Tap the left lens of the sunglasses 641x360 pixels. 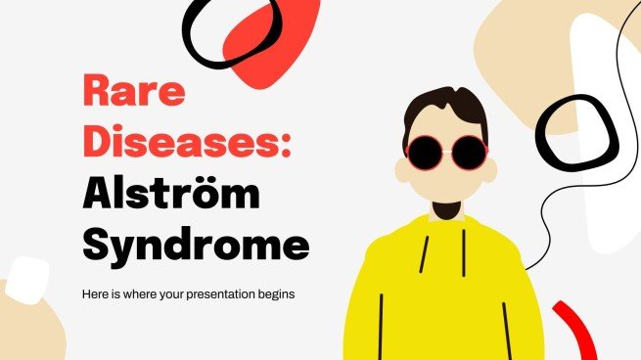pyautogui.click(x=427, y=152)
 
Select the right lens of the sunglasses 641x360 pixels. pyautogui.click(x=469, y=153)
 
